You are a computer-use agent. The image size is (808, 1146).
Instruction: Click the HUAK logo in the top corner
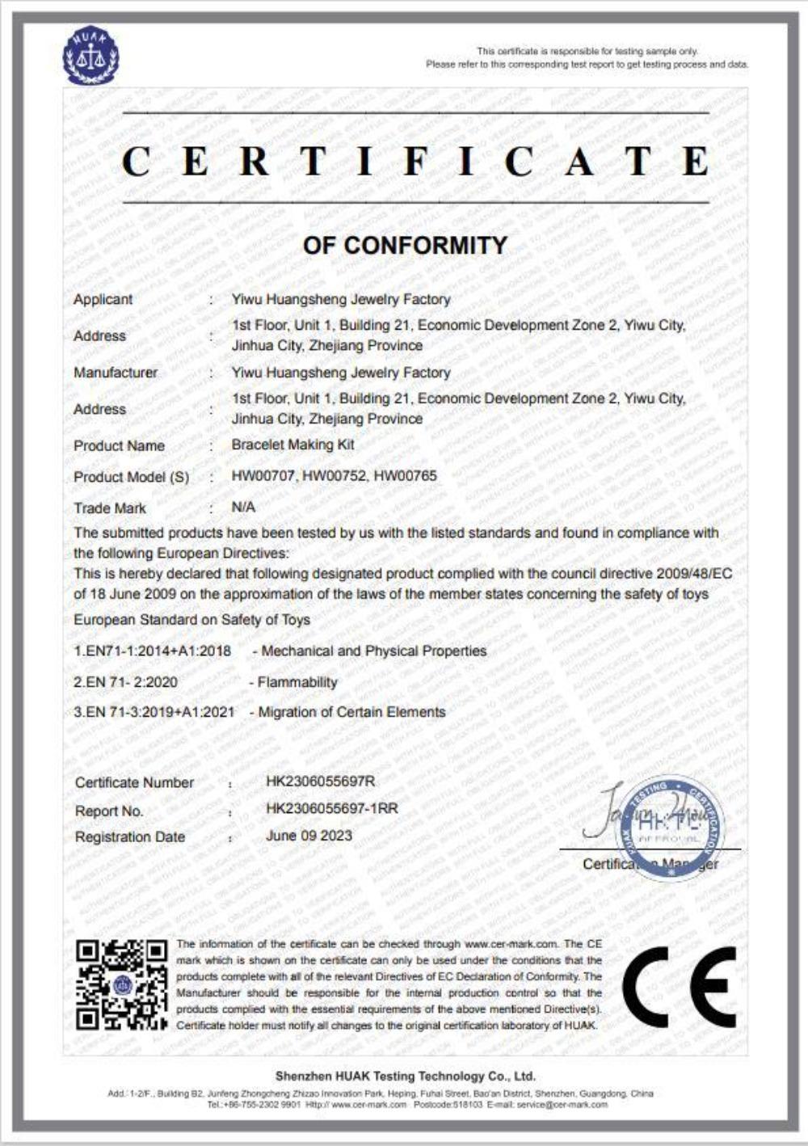coord(90,56)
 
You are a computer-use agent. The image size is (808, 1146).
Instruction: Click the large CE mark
coord(680,987)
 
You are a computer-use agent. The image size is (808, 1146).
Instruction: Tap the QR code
coord(121,984)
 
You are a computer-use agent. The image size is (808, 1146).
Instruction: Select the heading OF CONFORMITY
coord(405,245)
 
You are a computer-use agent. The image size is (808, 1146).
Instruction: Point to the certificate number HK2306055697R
coord(321,782)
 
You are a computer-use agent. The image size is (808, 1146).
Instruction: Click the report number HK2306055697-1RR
coord(331,808)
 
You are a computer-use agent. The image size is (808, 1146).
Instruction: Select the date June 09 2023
coord(309,836)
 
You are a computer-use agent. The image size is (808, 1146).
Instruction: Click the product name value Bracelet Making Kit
coord(292,444)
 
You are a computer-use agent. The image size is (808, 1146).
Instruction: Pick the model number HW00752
coord(335,476)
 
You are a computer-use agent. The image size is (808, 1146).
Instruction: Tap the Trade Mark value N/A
coord(243,507)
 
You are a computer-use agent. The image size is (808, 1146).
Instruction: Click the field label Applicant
coord(103,299)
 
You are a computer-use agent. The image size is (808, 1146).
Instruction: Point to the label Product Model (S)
coord(131,477)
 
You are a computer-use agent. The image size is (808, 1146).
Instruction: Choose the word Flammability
coord(297,682)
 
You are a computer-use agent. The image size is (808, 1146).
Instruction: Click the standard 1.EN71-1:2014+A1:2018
coord(152,651)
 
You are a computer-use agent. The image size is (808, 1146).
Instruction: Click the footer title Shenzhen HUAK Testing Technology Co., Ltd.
coord(405,1076)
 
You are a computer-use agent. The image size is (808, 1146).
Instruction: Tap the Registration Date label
coord(129,836)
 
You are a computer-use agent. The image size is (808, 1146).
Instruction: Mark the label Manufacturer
coord(116,373)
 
